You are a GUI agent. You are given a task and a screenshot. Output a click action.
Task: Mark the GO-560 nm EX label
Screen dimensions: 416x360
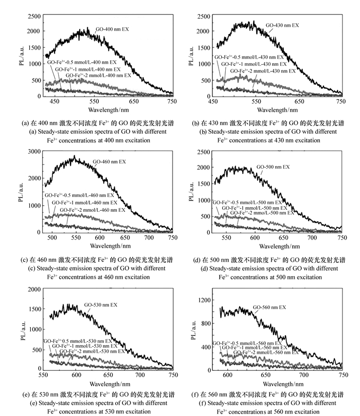(272, 309)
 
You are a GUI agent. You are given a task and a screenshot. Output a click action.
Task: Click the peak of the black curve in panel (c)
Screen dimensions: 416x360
(75, 156)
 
